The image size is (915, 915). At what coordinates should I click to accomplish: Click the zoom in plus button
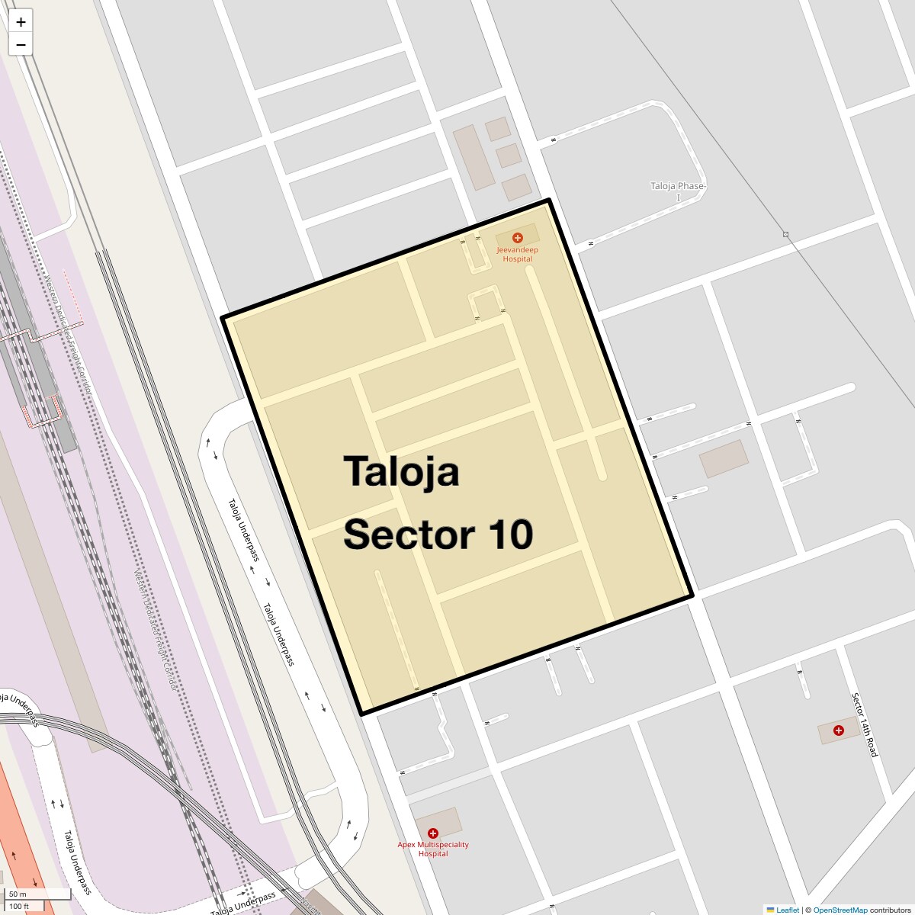point(21,22)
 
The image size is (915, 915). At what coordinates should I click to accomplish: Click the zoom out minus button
point(21,45)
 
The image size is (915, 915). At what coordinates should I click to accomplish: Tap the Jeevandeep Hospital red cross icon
point(517,238)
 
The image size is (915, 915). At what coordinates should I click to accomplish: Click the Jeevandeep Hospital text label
point(517,254)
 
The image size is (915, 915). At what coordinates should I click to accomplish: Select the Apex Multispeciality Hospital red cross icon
point(433,833)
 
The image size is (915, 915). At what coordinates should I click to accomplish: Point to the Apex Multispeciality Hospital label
point(433,849)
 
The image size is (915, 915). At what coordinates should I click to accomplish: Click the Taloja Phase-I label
point(678,191)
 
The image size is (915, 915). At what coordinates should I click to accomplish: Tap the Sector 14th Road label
point(865,724)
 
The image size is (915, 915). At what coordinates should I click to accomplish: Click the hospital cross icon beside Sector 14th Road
point(839,730)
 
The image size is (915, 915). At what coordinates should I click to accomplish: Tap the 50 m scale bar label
point(18,894)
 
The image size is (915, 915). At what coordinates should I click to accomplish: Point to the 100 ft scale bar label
point(20,906)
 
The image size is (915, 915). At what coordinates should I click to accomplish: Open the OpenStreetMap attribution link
point(840,910)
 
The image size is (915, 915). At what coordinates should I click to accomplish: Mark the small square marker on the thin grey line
point(785,234)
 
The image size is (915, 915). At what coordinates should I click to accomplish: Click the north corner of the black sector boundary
point(549,201)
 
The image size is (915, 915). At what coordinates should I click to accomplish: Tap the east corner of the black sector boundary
point(692,595)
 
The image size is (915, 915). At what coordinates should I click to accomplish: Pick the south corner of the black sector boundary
point(362,713)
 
